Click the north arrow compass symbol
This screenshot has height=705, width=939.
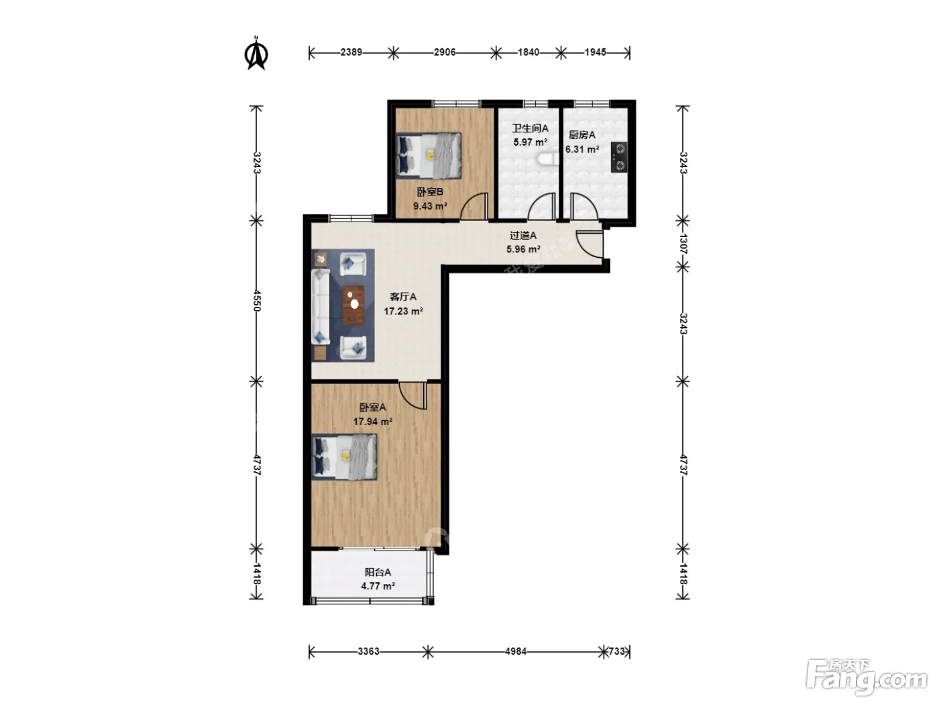pos(256,54)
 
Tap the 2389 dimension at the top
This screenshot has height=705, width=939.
pos(351,52)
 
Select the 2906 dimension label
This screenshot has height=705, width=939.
pos(445,52)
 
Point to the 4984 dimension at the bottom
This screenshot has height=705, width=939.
pos(516,651)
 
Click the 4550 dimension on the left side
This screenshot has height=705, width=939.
pos(257,301)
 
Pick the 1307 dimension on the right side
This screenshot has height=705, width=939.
pos(683,244)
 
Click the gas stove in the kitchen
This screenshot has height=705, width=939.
pos(619,157)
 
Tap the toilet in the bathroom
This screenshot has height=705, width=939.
pos(547,159)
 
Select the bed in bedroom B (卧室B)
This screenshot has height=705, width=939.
pos(429,155)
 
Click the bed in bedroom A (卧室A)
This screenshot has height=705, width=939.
pos(344,457)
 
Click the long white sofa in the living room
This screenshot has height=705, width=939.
pos(321,306)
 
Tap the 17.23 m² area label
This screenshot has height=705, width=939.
pos(403,311)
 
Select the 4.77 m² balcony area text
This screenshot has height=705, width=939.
pos(378,586)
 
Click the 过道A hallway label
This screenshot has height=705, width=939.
pos(522,236)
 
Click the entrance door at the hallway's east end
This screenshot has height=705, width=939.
pos(590,244)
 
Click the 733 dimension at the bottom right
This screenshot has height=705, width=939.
pos(616,651)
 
